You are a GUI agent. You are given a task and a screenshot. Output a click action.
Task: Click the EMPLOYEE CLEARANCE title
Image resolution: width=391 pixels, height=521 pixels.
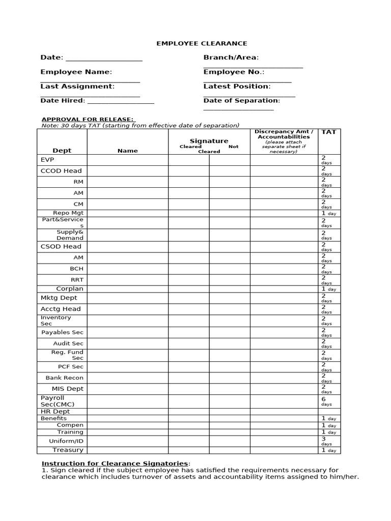click(194, 44)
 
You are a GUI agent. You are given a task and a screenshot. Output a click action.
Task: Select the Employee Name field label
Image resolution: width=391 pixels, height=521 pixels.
click(76, 72)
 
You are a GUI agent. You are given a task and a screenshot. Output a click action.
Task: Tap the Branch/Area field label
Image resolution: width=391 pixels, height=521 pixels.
click(231, 58)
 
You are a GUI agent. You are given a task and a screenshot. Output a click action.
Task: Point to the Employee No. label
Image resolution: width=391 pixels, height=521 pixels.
click(234, 72)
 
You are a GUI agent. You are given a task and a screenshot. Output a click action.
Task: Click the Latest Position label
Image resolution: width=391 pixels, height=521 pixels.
click(237, 86)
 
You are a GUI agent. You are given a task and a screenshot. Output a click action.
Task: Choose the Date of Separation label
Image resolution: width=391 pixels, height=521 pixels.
click(241, 101)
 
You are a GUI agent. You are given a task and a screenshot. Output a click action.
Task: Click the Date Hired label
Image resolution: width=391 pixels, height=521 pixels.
click(63, 101)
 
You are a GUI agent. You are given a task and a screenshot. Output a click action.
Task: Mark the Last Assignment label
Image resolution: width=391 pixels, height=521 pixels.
click(77, 86)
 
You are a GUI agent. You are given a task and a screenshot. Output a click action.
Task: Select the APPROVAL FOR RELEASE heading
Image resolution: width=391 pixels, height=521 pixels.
click(88, 119)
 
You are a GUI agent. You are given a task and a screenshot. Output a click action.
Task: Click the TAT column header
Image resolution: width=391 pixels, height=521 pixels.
click(329, 132)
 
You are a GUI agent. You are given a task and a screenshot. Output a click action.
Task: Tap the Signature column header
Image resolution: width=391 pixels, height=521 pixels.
click(209, 141)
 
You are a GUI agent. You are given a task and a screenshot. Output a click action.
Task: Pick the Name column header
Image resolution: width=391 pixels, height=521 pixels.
click(127, 151)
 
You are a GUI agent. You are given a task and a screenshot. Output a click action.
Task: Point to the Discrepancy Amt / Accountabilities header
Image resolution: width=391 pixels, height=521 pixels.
click(284, 134)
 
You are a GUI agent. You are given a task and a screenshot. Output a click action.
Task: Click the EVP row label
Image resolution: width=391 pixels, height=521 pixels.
click(47, 160)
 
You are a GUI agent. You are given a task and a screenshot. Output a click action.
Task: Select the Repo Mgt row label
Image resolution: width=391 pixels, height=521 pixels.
click(68, 213)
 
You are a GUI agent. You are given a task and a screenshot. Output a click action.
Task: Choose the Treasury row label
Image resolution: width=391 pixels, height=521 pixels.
click(68, 450)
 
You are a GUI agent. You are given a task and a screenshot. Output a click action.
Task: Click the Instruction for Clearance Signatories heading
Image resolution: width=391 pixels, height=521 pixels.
click(115, 464)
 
